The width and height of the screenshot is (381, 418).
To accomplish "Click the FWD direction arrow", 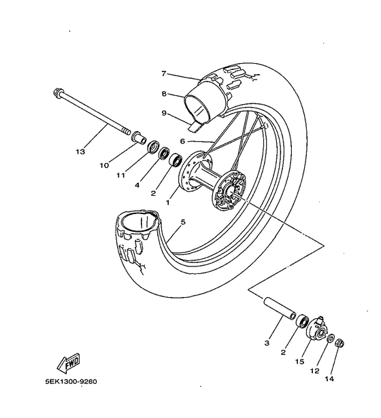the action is pos(68,363).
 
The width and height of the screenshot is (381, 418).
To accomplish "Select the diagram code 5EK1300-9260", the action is pos(71,381).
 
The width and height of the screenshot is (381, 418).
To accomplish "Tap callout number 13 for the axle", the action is pos(80,152).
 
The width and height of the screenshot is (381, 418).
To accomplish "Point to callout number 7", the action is pos(164,73).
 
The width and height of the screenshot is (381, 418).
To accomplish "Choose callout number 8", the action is pos(164,94).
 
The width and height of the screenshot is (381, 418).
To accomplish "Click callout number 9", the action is pos(164,113).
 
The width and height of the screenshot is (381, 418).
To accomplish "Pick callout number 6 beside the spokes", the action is pos(182,141).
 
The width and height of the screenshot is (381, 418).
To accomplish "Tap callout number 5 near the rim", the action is pos(183,222).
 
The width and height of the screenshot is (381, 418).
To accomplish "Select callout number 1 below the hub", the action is pos(167,203).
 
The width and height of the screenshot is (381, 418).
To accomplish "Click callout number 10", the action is pos(104,166).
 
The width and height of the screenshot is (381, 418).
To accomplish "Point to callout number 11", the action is pos(120,175).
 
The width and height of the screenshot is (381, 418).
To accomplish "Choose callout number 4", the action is pos(137,185).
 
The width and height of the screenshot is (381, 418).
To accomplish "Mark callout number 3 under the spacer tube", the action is pos(267,343).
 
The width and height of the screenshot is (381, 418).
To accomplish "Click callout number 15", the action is pos(299,362).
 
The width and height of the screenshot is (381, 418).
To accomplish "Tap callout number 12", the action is pos(315,371).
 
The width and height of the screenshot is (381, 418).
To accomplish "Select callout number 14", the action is pos(329,379).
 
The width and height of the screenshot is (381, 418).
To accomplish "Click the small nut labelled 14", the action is pos(339,343).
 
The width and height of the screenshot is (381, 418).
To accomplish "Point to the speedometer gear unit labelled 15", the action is pos(316,328).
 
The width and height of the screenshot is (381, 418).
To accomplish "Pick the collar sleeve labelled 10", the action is pos(139,137).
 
